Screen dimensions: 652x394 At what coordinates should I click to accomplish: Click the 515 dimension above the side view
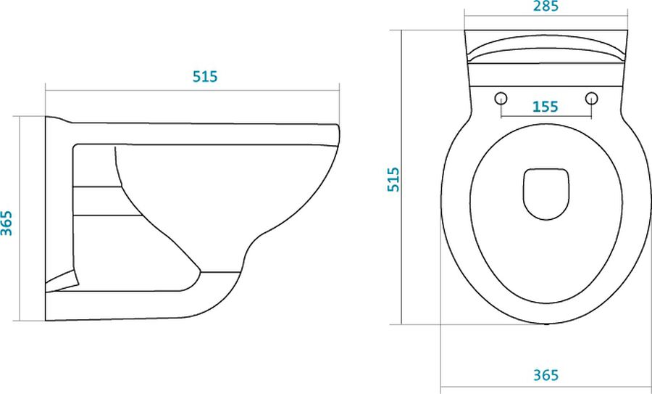pos(205,77)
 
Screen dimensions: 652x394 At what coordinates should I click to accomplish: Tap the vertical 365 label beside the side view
pos(7,223)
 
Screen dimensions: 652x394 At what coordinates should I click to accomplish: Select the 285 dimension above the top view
pos(546,7)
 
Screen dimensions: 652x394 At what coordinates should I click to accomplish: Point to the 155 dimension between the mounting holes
pos(545,107)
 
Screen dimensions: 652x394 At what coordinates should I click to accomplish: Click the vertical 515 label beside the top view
pos(393,179)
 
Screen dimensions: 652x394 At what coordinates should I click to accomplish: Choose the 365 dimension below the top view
pos(546,375)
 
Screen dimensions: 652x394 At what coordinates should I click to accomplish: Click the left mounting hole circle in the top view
pos(501,98)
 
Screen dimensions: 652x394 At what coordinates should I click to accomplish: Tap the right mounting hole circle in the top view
pos(591,98)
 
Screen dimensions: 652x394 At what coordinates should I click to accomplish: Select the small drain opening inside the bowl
pos(546,194)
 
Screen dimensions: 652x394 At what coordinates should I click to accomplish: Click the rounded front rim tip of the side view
pos(338,136)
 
